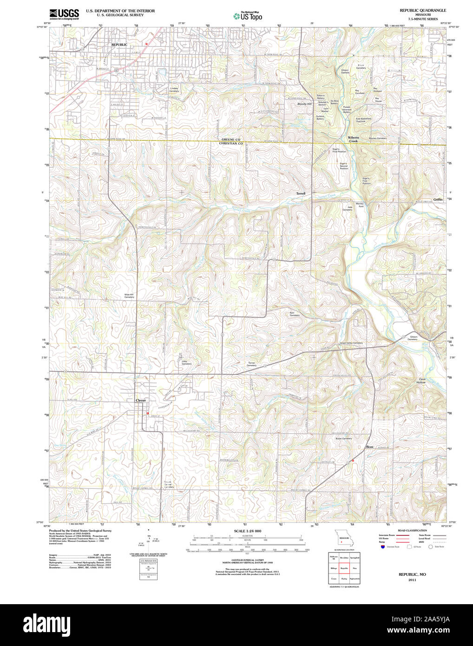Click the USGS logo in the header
pos(64,13)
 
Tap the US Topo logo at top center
pos(248,16)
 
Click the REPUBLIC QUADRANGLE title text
pos(422,10)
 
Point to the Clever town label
pos(140,400)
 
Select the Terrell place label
pos(301,193)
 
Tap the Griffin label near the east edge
pos(438,199)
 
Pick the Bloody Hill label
pos(304,104)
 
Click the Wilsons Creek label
pos(353,139)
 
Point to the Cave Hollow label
pos(421,381)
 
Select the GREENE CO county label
pos(231,139)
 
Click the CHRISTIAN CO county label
pos(231,144)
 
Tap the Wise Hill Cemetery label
pos(129,296)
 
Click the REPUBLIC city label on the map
pos(119,45)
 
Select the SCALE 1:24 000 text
pos(247,531)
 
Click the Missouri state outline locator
pos(342,540)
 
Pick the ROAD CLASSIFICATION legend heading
pos(412,530)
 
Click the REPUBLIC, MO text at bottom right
pos(412,574)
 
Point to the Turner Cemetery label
pos(251,364)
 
